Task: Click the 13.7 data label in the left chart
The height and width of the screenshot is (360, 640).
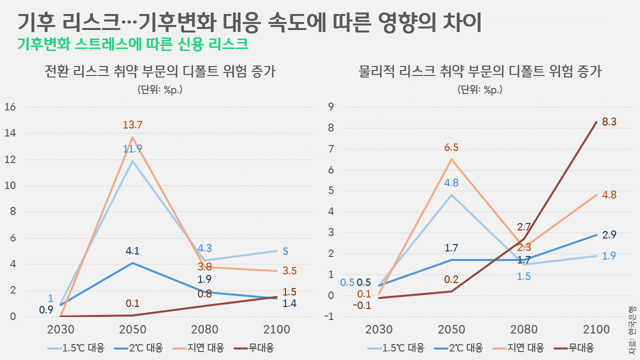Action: point(133,125)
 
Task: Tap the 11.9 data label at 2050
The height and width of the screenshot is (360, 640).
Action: point(133,148)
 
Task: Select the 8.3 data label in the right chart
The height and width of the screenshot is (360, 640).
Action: point(608,121)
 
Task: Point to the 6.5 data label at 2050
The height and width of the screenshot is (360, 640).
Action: point(451,147)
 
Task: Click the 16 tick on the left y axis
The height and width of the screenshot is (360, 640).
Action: point(10,107)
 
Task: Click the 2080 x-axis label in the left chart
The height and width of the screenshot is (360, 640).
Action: point(204,330)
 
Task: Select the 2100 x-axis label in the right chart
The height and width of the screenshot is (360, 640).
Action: point(596,330)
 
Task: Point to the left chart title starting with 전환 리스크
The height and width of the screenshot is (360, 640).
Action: point(160,72)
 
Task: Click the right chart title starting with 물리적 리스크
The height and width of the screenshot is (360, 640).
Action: point(480,72)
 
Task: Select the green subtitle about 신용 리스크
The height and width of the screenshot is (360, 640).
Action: point(132,44)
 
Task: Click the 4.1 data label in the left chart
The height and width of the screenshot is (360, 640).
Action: point(133,250)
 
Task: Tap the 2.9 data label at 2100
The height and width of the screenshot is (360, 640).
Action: point(608,234)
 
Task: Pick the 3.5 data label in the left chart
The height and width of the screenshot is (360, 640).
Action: point(289,271)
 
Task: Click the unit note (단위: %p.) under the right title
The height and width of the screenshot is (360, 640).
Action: point(479,90)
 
